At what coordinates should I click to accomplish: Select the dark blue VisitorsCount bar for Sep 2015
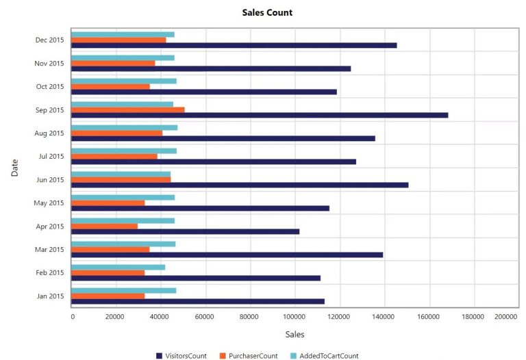click(x=260, y=115)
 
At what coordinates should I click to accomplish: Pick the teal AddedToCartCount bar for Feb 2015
click(x=118, y=267)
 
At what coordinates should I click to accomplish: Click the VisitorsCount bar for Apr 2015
click(x=186, y=231)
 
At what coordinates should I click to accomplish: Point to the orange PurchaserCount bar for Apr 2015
click(x=105, y=226)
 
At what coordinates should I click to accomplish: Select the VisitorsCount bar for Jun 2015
click(x=240, y=185)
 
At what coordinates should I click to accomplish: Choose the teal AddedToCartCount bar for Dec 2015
click(x=123, y=34)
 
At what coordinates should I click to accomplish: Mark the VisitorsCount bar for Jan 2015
click(x=198, y=301)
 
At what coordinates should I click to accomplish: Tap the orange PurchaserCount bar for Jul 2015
click(x=114, y=156)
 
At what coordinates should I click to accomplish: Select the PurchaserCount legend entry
click(x=249, y=356)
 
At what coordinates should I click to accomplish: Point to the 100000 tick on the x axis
click(x=295, y=317)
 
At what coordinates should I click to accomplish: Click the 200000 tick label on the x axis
click(x=506, y=317)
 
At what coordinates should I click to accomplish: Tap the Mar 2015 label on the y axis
click(x=49, y=249)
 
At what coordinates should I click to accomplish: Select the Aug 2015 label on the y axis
click(x=49, y=133)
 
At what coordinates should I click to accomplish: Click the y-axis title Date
click(x=14, y=168)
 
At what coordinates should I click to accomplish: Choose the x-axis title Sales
click(x=295, y=335)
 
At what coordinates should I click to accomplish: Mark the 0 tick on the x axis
click(x=73, y=317)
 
